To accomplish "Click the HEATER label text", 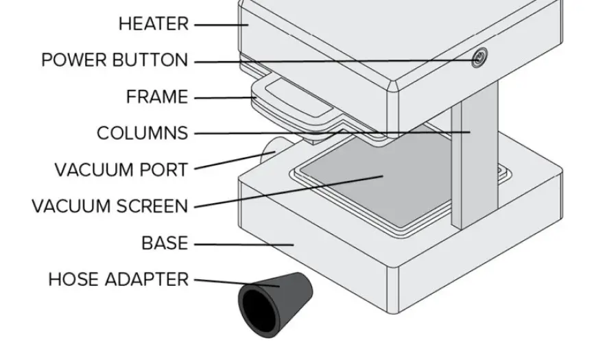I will click(x=153, y=24).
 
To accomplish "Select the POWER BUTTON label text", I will click(x=114, y=60).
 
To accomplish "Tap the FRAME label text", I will click(x=156, y=97).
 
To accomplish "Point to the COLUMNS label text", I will click(x=142, y=133).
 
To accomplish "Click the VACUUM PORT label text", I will click(x=121, y=169).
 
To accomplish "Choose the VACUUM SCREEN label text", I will click(x=109, y=206).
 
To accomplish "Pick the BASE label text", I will click(x=165, y=243).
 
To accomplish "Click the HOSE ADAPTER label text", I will click(x=118, y=280).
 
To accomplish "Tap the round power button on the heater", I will click(x=479, y=60).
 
